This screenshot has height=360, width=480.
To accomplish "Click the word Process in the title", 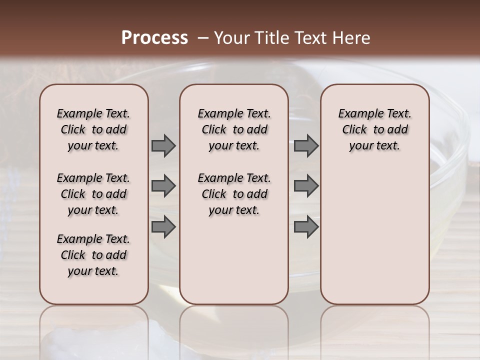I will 154,38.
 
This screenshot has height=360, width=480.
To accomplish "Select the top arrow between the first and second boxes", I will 163,145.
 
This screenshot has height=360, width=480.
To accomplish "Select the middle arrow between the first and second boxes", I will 163,186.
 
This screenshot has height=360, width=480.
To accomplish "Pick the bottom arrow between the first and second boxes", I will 163,226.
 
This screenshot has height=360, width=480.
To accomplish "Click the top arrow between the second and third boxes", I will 306,145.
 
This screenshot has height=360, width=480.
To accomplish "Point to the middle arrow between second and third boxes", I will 306,186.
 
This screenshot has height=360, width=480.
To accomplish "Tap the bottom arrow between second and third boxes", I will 306,226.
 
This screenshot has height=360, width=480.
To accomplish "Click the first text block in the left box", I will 93,129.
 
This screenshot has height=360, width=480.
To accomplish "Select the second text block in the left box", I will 93,194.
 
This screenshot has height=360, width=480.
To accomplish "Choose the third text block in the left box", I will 93,255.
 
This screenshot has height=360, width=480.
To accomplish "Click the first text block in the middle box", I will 234,129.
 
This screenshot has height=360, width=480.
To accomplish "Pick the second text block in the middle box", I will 234,194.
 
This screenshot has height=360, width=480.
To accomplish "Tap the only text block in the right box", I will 374,129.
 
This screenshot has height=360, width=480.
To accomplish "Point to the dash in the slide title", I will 203,38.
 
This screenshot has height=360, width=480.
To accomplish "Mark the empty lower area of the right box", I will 374,235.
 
